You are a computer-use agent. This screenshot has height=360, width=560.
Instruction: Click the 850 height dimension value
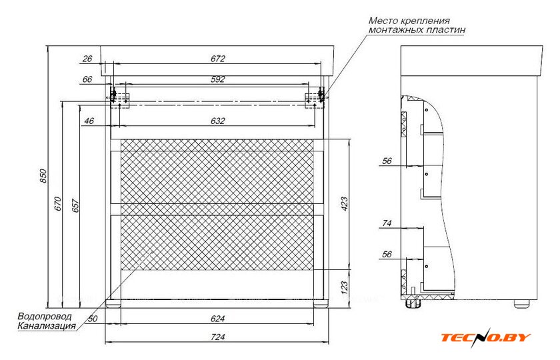coord(43,176)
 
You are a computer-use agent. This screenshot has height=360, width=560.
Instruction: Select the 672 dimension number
coord(218,59)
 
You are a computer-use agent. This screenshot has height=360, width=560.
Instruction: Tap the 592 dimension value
coord(218,79)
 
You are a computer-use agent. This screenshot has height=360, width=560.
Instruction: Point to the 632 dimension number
coord(218,121)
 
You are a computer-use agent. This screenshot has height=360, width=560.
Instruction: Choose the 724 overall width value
coord(218,337)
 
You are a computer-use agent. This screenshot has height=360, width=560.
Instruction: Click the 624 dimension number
coord(218,319)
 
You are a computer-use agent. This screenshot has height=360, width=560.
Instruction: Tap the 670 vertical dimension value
coord(58,204)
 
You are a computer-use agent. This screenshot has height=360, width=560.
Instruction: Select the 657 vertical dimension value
coord(76,205)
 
